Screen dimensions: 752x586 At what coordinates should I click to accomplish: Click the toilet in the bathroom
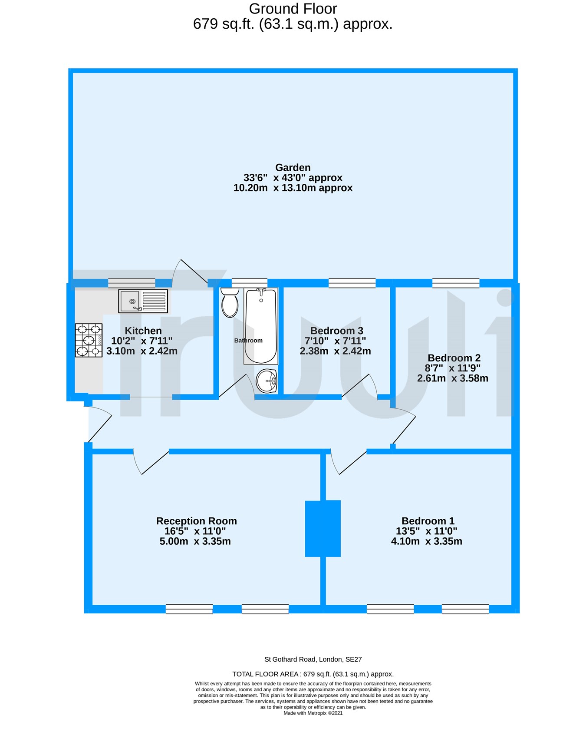pyautogui.click(x=230, y=303)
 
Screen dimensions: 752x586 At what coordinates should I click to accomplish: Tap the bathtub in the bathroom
pyautogui.click(x=260, y=326)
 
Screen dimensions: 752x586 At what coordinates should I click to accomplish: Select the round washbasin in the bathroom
pyautogui.click(x=267, y=381)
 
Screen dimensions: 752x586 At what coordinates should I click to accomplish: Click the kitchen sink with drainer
pyautogui.click(x=143, y=301)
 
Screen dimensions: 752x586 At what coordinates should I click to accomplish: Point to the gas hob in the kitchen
pyautogui.click(x=89, y=340)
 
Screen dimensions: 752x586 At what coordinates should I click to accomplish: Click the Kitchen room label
pyautogui.click(x=143, y=331)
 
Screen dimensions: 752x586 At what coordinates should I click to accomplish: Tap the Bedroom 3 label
pyautogui.click(x=336, y=331)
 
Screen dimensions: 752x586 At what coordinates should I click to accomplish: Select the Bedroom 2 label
pyautogui.click(x=454, y=358)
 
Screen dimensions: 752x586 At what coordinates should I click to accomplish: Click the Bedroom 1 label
pyautogui.click(x=428, y=521)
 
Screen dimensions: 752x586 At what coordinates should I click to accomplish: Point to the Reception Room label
pyautogui.click(x=196, y=521)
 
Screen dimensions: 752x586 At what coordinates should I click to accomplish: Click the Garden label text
pyautogui.click(x=293, y=168)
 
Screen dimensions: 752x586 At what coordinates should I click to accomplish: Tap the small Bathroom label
pyautogui.click(x=248, y=341)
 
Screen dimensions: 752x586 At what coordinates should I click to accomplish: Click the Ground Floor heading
pyautogui.click(x=293, y=9)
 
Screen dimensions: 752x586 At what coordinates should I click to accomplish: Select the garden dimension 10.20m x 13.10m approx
pyautogui.click(x=293, y=188)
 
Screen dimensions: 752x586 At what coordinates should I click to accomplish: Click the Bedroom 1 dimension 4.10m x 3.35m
pyautogui.click(x=426, y=541)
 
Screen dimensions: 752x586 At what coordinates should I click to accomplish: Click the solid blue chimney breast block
pyautogui.click(x=323, y=528)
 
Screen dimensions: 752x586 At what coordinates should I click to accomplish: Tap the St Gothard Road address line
pyautogui.click(x=313, y=659)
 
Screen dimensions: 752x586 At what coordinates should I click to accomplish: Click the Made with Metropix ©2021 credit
pyautogui.click(x=313, y=713)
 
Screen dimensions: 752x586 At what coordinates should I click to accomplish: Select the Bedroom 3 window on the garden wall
pyautogui.click(x=352, y=283)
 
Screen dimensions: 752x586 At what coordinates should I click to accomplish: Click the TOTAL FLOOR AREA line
pyautogui.click(x=313, y=674)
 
